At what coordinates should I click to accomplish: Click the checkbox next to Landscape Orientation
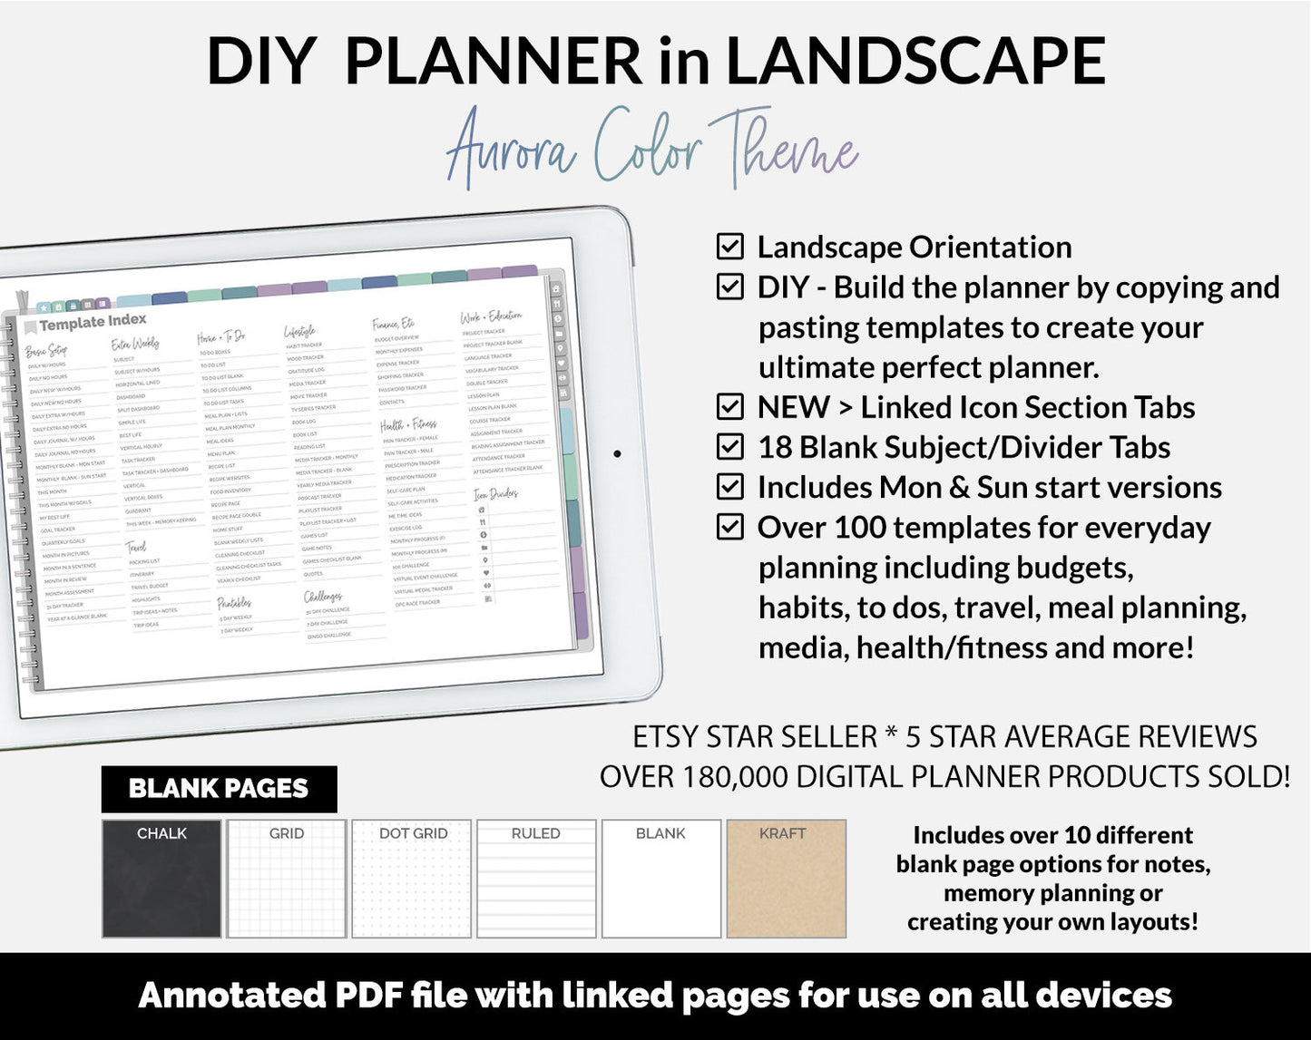(729, 247)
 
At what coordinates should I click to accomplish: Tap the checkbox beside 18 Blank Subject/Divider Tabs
(729, 447)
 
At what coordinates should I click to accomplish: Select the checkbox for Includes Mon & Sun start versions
(729, 487)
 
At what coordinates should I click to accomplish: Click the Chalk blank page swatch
(161, 879)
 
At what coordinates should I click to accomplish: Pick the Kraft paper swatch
(786, 879)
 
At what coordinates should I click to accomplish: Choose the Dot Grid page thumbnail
(412, 879)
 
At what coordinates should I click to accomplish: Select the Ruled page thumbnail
(536, 879)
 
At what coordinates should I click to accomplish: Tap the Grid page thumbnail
(287, 879)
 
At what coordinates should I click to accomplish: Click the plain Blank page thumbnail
(661, 879)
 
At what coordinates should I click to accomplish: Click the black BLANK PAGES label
(219, 789)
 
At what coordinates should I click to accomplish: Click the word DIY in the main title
(261, 62)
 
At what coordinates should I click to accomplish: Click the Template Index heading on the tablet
(92, 322)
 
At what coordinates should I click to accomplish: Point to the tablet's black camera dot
(618, 453)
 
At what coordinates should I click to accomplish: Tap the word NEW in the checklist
(793, 407)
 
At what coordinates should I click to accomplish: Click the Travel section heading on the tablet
(135, 547)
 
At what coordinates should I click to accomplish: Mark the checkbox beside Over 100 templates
(729, 527)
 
